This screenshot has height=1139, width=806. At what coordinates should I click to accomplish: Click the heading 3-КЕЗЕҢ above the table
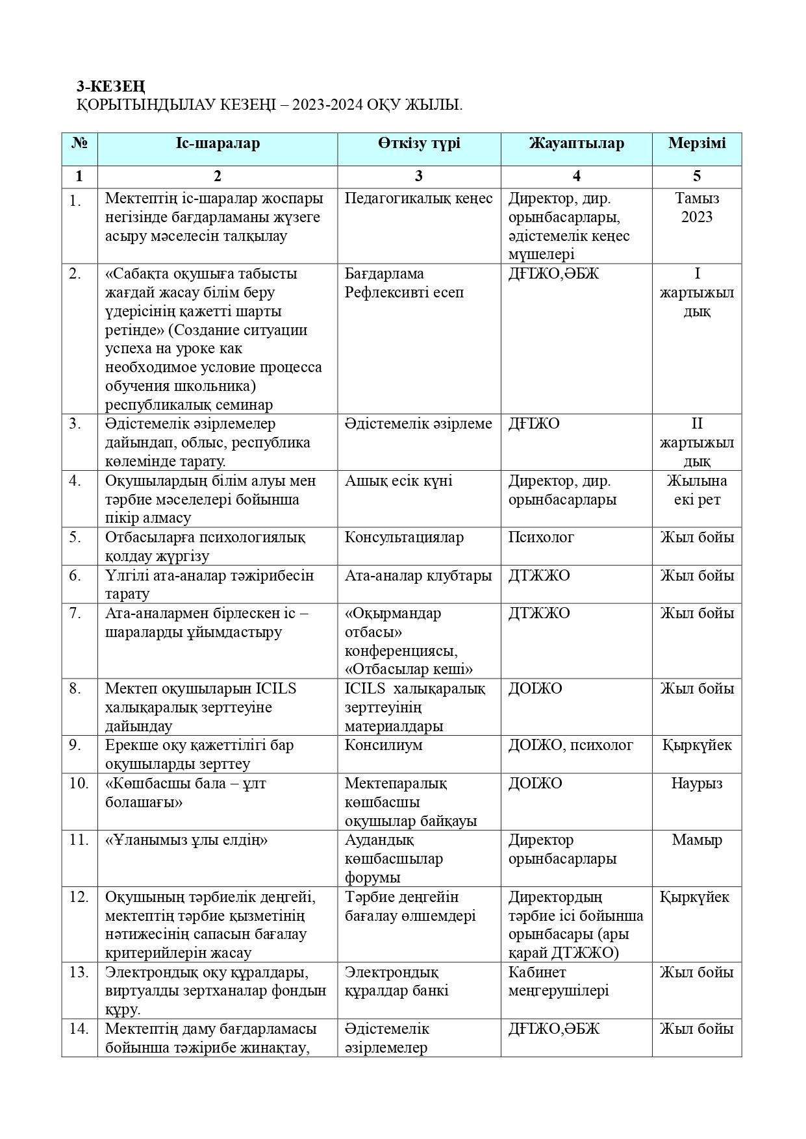pos(110,86)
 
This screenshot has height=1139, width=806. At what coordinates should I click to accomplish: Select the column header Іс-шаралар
pos(217,144)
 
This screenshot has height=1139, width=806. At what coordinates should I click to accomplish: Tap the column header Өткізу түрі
pos(419,144)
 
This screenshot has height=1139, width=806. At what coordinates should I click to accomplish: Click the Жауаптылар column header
pos(576,144)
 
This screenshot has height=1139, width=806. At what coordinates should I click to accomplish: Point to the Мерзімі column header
pos(697,144)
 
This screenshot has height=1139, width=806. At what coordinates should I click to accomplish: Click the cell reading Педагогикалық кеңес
pos(418,199)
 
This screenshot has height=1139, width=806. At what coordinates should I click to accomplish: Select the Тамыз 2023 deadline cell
pos(697,208)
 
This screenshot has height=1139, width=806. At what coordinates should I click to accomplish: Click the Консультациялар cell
pos(404,538)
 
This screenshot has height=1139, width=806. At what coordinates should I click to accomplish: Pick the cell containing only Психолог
pos(541,538)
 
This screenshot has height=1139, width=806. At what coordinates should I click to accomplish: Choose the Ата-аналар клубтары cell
pos(418,576)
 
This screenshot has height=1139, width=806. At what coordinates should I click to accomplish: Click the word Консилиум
pos(383,745)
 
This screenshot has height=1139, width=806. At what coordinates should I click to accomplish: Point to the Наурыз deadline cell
pos(697,784)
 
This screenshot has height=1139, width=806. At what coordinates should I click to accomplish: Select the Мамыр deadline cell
pos(697,840)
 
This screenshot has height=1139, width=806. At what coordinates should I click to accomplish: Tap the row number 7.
pos(75,614)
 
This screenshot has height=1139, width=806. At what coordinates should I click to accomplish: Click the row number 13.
pos(78,973)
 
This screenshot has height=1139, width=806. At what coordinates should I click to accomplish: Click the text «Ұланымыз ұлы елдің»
pos(186,840)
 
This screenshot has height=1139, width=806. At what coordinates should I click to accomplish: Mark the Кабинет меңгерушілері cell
pos(558,982)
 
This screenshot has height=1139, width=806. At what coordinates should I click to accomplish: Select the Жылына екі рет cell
pos(697,490)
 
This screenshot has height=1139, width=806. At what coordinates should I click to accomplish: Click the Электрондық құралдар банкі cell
pos(396,982)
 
